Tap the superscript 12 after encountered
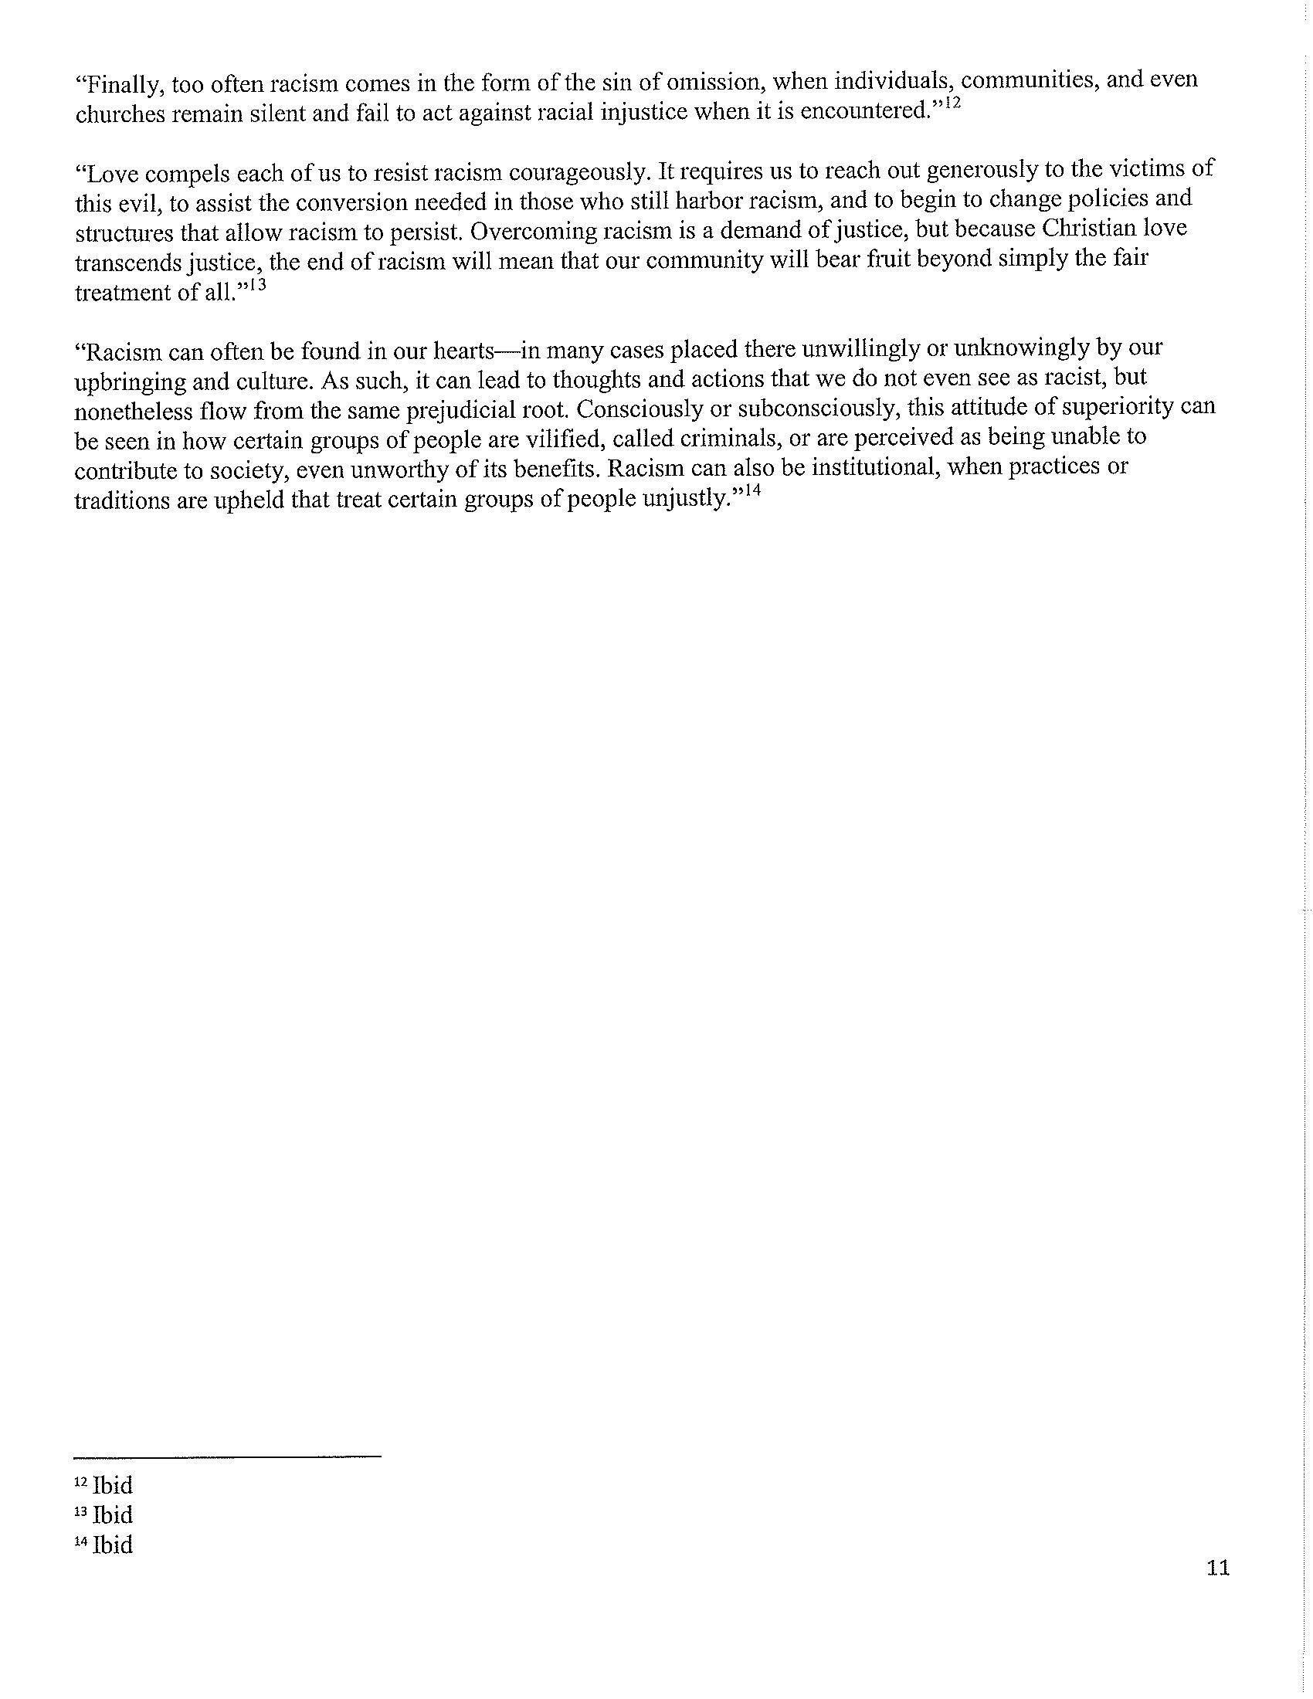pyautogui.click(x=953, y=103)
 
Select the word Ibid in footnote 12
pyautogui.click(x=112, y=1485)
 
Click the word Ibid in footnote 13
pyautogui.click(x=112, y=1514)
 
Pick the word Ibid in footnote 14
pyautogui.click(x=112, y=1545)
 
